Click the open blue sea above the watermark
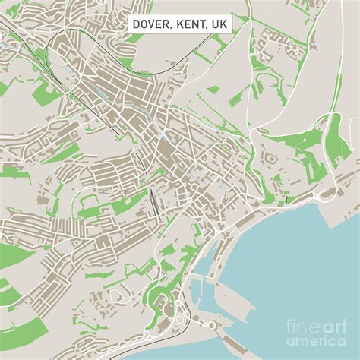click(304, 266)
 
